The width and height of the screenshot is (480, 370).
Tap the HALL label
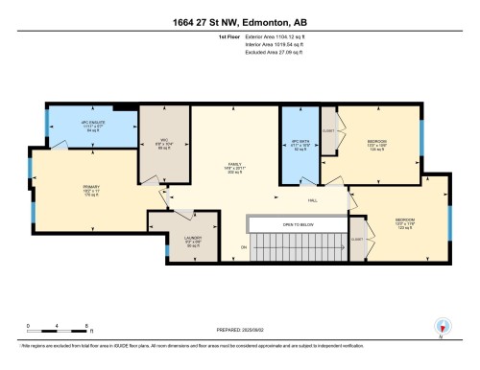coord(313,199)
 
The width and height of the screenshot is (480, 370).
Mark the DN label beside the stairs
coord(244,248)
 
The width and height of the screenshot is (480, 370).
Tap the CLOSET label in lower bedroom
coord(357,239)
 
